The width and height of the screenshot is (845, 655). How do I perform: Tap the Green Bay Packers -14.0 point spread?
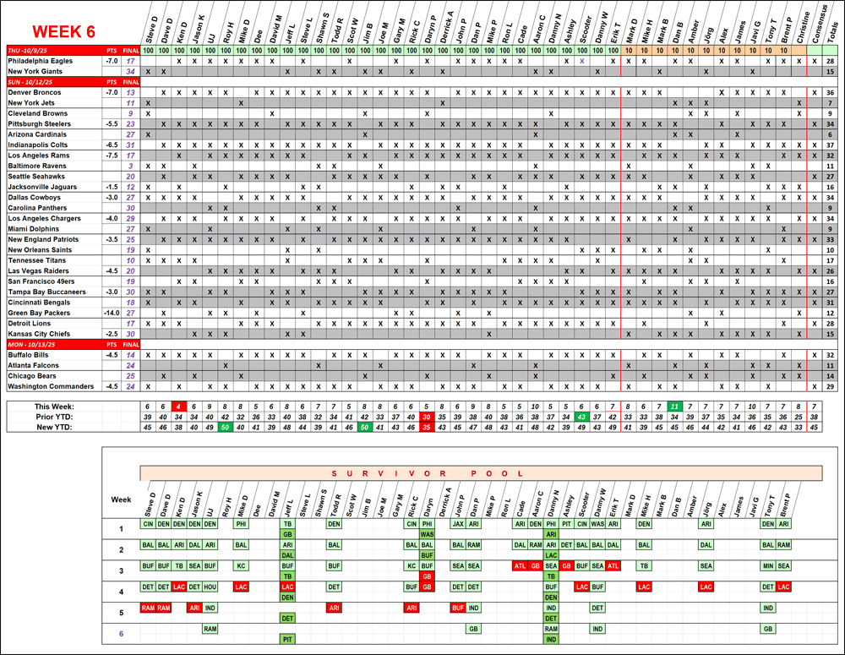(x=111, y=313)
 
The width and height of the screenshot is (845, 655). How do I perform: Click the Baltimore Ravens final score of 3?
(x=131, y=166)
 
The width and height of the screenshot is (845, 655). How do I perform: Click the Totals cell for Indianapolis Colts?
(x=831, y=145)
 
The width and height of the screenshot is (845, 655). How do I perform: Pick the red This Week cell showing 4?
(x=179, y=407)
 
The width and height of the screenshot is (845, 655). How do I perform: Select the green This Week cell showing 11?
(x=674, y=407)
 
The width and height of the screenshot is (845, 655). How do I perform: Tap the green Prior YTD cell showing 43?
(x=581, y=417)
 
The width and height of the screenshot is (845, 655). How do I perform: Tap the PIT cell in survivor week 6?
(x=287, y=639)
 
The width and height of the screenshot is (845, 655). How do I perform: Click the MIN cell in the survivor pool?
(x=768, y=565)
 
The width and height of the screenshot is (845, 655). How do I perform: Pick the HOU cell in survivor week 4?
(x=210, y=587)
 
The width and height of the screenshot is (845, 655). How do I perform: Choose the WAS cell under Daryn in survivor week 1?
(x=427, y=534)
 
